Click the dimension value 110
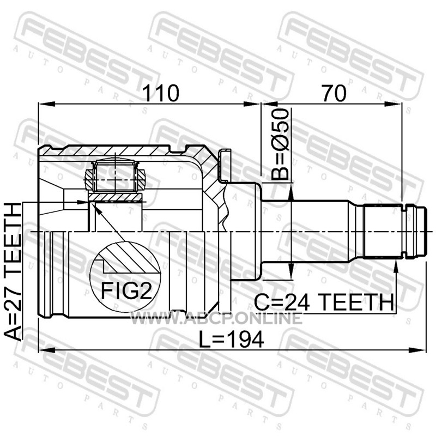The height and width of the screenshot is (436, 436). tap(161, 93)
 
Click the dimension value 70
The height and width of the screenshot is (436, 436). tap(334, 93)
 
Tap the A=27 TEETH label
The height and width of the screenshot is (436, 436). tap(13, 271)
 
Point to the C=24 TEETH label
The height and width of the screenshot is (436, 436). tap(324, 302)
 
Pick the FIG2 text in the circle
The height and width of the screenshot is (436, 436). tap(126, 290)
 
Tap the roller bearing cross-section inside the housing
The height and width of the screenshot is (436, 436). tap(115, 177)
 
